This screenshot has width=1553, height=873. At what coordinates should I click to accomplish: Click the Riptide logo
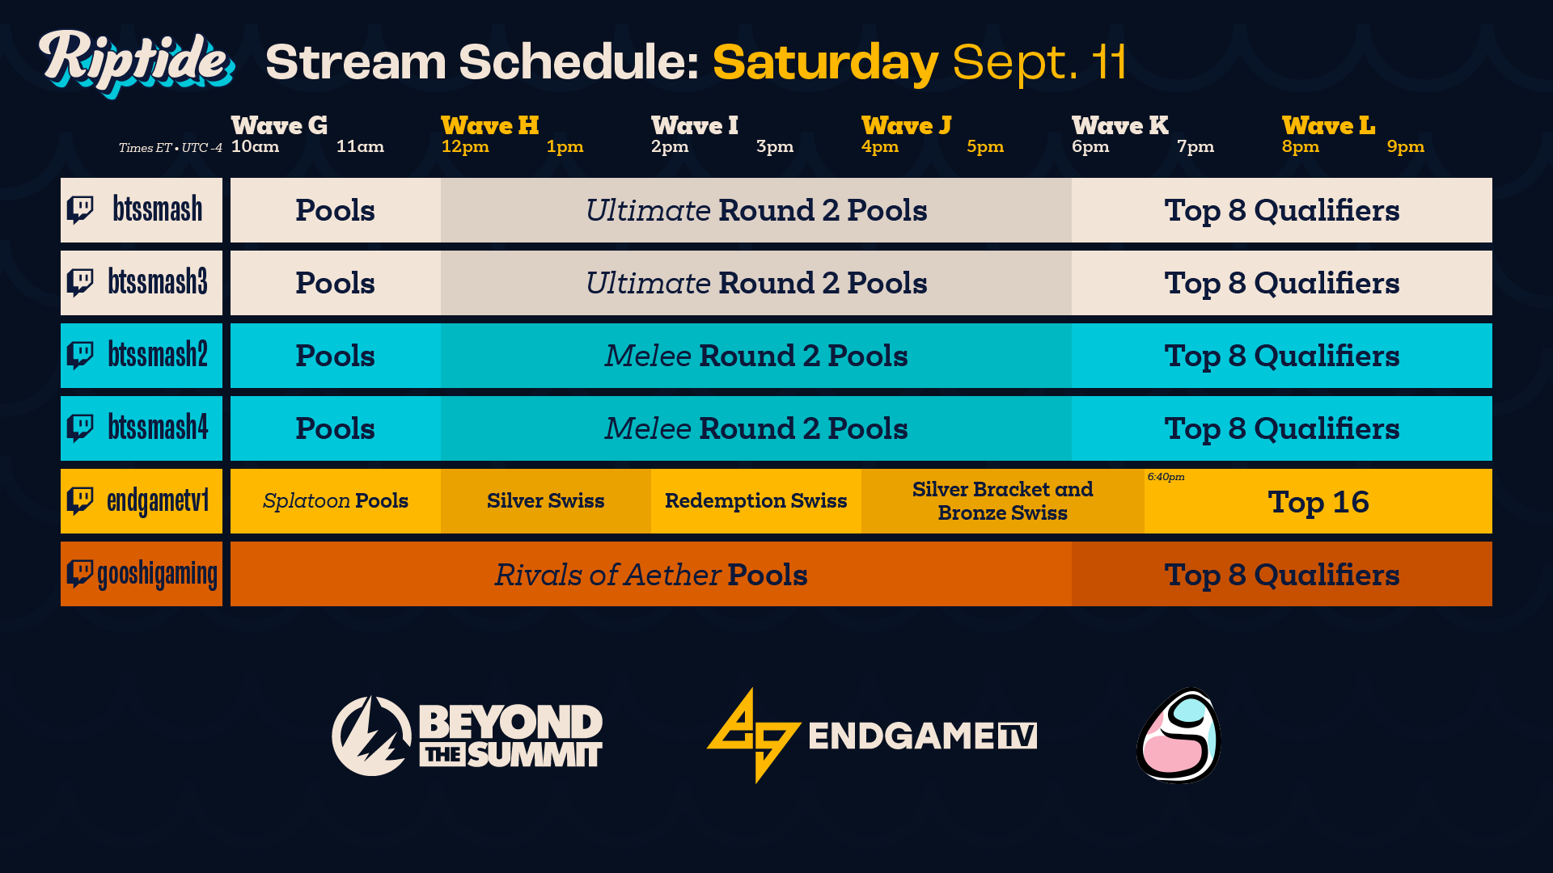(136, 63)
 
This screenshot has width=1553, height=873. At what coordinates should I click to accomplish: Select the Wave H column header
(489, 126)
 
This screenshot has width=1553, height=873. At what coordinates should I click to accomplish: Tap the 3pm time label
(774, 147)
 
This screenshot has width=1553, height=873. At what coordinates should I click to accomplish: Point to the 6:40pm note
(1166, 477)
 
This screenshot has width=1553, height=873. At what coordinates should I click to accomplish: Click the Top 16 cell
(1318, 503)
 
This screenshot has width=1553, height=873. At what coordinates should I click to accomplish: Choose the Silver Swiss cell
(545, 501)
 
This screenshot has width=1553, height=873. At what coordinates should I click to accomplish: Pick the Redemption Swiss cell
(755, 501)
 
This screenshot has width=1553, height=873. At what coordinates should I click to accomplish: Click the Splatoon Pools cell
(335, 501)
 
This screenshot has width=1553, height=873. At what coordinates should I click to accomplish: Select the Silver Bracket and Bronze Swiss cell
(1002, 501)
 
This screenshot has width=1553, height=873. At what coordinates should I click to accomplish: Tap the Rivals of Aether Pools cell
(650, 575)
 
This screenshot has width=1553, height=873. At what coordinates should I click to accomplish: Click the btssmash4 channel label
(158, 428)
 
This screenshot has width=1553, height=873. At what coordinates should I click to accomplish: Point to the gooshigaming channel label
(157, 575)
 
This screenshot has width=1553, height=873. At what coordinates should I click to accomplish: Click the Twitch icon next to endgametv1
(80, 500)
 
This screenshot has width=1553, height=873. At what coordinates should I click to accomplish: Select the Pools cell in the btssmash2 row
(335, 356)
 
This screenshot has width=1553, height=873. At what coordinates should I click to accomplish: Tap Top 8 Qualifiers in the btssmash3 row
(1281, 283)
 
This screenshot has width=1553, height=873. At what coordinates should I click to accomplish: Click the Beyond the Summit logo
(467, 736)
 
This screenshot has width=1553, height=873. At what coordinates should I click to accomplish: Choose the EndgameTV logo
(871, 736)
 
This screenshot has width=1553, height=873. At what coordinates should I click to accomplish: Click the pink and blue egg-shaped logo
(1179, 736)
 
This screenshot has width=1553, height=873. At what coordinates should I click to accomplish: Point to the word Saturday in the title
(825, 62)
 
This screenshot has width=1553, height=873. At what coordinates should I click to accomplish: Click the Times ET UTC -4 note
(170, 148)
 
